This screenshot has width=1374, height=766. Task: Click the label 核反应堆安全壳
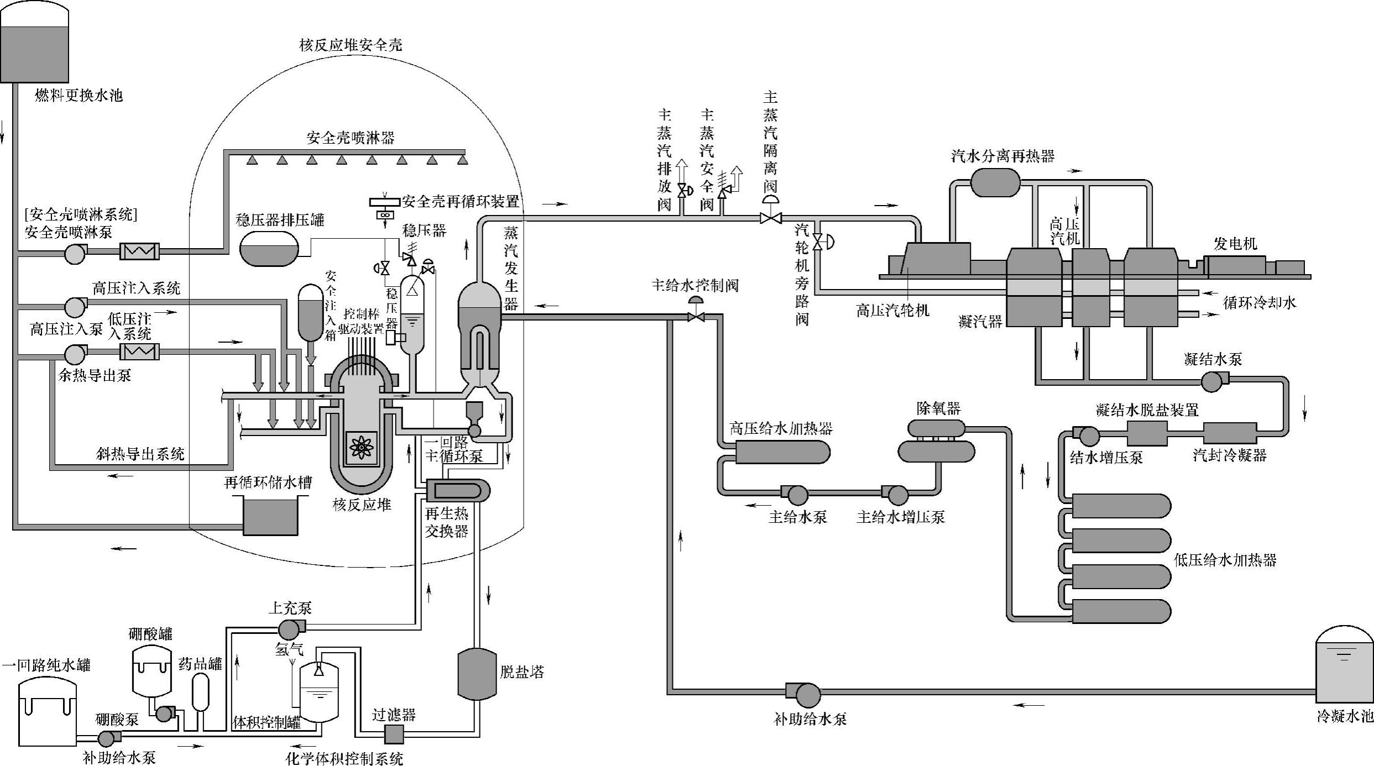click(351, 45)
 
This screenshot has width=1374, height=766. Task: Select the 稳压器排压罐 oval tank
click(269, 248)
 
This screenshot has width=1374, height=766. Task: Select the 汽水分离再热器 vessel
click(995, 182)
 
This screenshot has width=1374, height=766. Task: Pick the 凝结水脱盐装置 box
click(1147, 433)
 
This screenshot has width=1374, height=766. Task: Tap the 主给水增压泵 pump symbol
click(895, 495)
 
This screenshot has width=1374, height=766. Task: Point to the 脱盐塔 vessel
click(478, 674)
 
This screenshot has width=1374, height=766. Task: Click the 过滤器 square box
click(394, 734)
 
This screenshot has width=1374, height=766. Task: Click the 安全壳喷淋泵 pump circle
click(75, 254)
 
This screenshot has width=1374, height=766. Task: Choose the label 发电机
click(1236, 244)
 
